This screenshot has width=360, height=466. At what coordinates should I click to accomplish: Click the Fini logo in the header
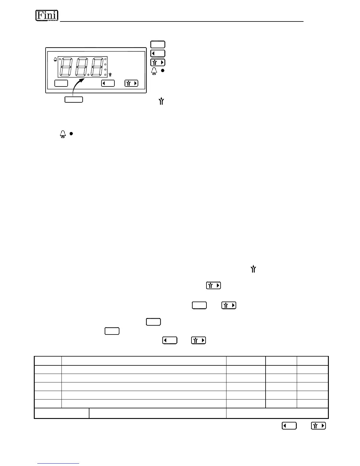click(47, 16)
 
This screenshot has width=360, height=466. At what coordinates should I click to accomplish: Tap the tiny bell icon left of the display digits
click(55, 60)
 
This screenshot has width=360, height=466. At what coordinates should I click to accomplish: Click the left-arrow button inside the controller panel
click(108, 83)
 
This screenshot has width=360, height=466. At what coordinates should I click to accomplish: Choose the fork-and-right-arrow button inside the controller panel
click(131, 83)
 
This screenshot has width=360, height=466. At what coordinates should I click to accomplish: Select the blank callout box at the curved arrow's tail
click(74, 99)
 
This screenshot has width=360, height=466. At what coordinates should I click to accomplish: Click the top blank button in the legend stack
click(158, 44)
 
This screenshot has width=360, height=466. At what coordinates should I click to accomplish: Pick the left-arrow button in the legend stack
click(158, 54)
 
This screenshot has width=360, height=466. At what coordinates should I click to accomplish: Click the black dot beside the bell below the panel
click(71, 134)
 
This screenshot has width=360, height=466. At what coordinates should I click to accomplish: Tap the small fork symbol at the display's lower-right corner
click(110, 75)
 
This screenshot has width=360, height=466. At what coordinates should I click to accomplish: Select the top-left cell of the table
click(48, 361)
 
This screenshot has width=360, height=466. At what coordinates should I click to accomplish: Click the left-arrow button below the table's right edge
click(289, 426)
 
